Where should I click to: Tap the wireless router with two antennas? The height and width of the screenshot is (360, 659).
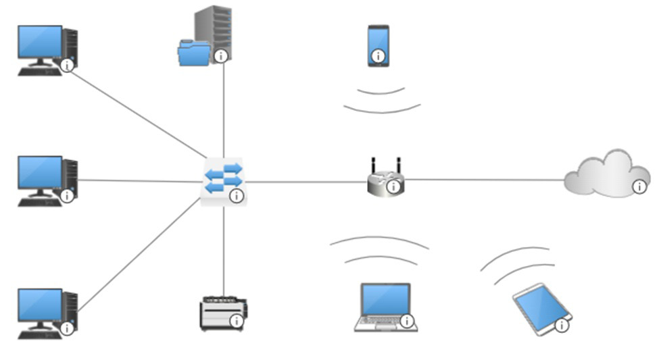[x=385, y=179]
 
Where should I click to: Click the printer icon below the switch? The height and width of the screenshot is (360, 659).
[x=222, y=312]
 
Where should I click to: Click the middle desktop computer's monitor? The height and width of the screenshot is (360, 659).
[x=40, y=174]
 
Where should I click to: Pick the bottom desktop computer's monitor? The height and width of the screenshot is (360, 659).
[x=40, y=306]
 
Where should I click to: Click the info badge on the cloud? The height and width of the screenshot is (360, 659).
[x=639, y=187]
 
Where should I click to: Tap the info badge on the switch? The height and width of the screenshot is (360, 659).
[x=236, y=197]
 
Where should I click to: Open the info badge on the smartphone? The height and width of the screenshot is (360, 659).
[x=379, y=56]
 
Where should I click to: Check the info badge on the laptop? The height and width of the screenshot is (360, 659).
[x=407, y=321]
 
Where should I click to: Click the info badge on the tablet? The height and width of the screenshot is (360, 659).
[x=562, y=326]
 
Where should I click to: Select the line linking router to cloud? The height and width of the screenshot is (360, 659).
[x=483, y=180]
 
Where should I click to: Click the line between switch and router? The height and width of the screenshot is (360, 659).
[x=304, y=182]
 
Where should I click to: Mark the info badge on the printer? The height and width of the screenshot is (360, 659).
[x=236, y=322]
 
